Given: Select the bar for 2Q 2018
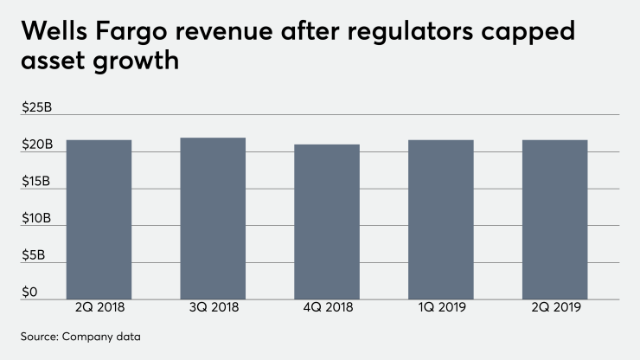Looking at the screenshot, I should [x=99, y=219].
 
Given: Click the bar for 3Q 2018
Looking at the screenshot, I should [x=213, y=218].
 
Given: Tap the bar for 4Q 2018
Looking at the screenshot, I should [x=327, y=222].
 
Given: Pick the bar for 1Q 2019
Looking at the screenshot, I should [x=441, y=219].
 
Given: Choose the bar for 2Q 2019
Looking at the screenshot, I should [x=555, y=219].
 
